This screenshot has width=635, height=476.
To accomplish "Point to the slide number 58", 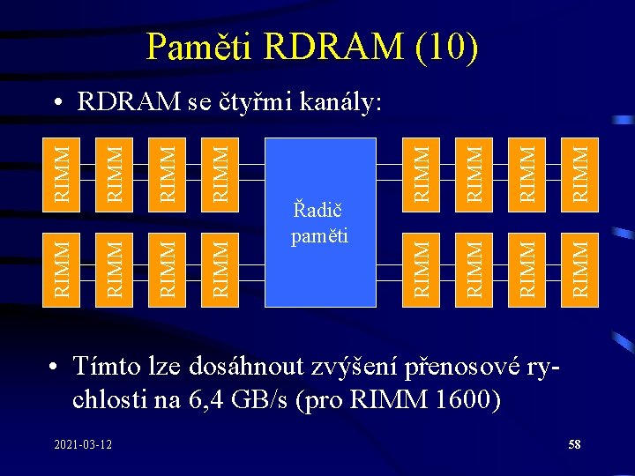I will pos(574,444).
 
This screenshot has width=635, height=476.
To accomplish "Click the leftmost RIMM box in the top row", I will pos(62,173).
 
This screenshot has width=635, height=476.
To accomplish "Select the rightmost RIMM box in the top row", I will pos(579,173).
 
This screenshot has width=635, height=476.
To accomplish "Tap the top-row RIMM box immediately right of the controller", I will pos(422,173).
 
